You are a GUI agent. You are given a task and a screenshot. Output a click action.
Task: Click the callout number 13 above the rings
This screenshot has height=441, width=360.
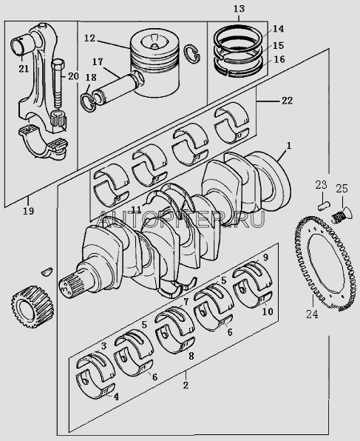[239, 9]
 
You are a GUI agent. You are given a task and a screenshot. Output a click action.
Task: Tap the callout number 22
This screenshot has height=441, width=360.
[287, 101]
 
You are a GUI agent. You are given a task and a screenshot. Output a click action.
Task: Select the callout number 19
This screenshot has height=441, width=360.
[28, 211]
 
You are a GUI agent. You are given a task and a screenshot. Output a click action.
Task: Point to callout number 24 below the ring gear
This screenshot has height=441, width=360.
[312, 314]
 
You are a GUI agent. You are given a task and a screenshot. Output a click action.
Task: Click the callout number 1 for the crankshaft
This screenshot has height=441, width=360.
[288, 146]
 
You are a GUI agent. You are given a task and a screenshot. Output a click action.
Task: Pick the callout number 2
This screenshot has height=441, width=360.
[186, 385]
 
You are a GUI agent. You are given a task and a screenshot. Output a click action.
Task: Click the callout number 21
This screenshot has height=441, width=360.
[24, 69]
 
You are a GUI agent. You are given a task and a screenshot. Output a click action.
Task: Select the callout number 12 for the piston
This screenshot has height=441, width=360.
[90, 38]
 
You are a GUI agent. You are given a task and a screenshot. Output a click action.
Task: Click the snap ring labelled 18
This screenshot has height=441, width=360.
[88, 103]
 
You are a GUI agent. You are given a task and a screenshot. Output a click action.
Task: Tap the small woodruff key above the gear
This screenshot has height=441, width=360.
[47, 271]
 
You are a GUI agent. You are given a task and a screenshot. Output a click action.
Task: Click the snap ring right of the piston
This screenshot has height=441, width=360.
[192, 53]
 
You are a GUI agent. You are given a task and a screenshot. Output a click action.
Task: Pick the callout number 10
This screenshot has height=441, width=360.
[268, 312]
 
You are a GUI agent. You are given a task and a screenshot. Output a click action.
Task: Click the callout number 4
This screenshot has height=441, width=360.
[116, 397]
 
